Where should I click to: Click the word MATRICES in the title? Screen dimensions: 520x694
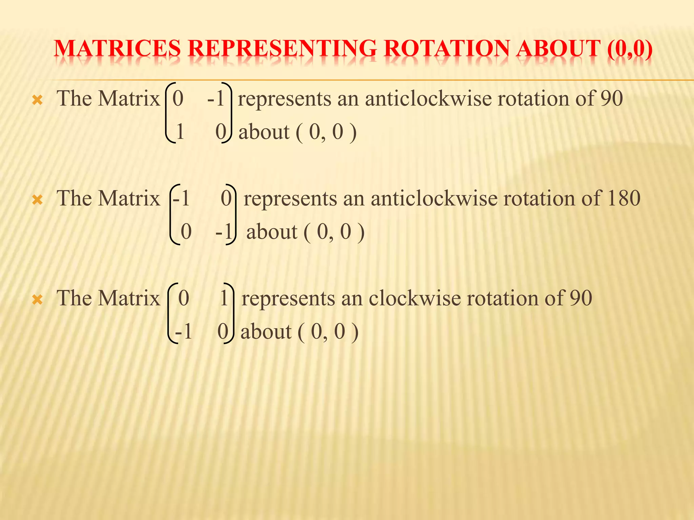tap(117, 48)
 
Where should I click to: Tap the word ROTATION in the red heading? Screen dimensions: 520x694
tap(447, 48)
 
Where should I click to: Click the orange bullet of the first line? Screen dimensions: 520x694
tap(37, 100)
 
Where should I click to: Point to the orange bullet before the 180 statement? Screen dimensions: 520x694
tap(37, 200)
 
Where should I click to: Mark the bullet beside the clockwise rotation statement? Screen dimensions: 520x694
tap(37, 300)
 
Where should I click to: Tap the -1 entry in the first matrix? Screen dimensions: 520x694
tap(216, 99)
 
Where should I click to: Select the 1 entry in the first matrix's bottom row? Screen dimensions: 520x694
tap(180, 132)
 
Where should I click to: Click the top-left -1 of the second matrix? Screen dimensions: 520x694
tap(181, 198)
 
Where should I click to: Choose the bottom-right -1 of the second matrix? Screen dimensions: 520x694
tap(224, 232)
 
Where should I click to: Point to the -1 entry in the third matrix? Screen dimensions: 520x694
tap(184, 331)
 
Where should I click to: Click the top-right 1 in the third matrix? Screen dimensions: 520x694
tap(224, 298)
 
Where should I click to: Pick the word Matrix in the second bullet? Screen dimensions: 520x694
tap(129, 198)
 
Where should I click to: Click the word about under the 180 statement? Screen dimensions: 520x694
tap(272, 232)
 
